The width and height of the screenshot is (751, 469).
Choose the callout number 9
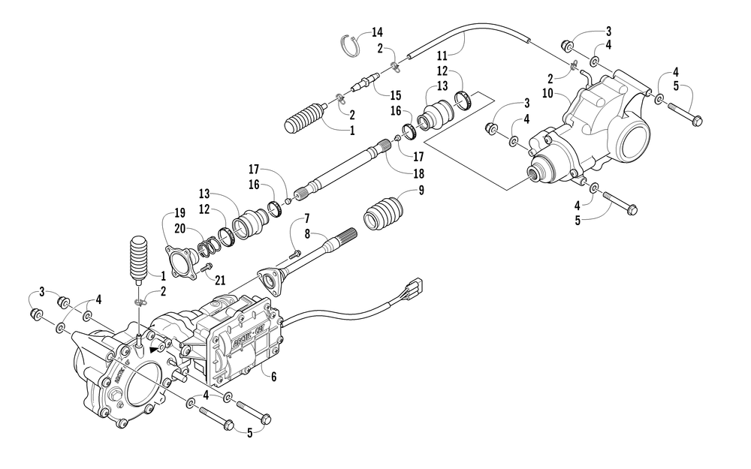click(x=421, y=190)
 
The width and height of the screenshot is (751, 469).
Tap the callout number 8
click(x=307, y=234)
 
